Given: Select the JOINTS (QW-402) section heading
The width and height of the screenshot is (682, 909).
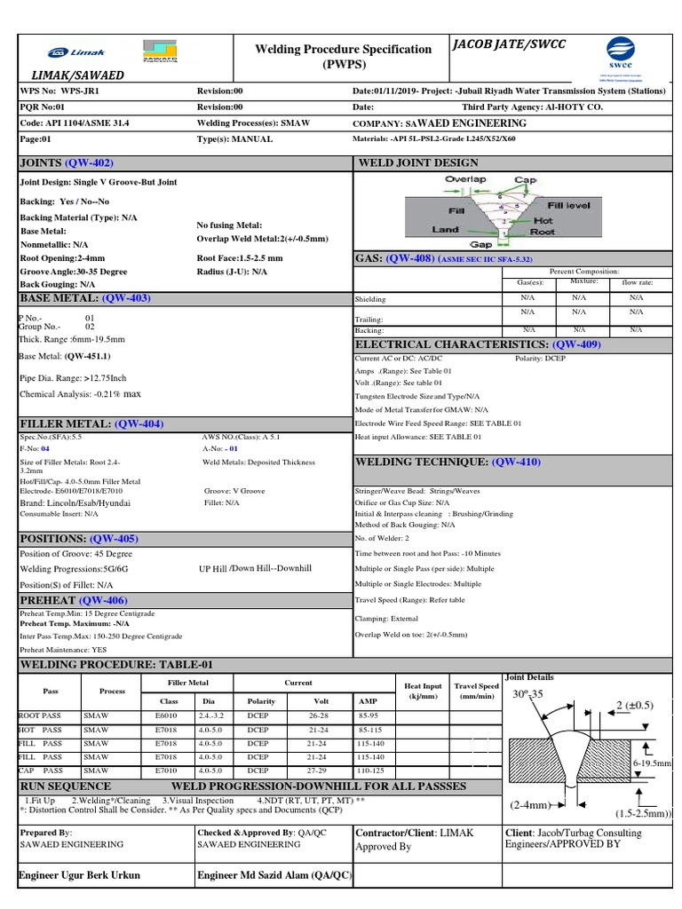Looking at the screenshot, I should [x=67, y=163].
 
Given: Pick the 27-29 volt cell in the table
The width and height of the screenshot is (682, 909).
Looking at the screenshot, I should [x=316, y=771].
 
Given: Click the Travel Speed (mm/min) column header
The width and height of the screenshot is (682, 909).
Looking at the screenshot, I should [x=476, y=692].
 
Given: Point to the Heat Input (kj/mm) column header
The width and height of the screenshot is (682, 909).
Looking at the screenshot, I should [x=423, y=692].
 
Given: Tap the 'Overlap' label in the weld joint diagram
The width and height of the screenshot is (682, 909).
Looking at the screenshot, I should [x=465, y=179].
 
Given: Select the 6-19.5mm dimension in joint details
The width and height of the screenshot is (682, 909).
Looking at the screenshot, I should [x=652, y=763].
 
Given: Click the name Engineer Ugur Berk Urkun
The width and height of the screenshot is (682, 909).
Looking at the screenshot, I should [x=80, y=874].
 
